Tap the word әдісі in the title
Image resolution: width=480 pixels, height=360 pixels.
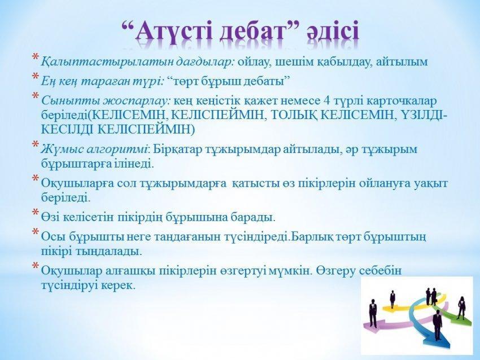[x=333, y=31]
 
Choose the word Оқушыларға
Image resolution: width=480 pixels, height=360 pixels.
[x=78, y=183]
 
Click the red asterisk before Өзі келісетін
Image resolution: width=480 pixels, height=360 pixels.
[x=36, y=212]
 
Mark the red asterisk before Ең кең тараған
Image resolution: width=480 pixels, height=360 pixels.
[x=36, y=76]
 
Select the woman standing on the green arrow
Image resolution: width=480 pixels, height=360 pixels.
[x=461, y=308]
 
